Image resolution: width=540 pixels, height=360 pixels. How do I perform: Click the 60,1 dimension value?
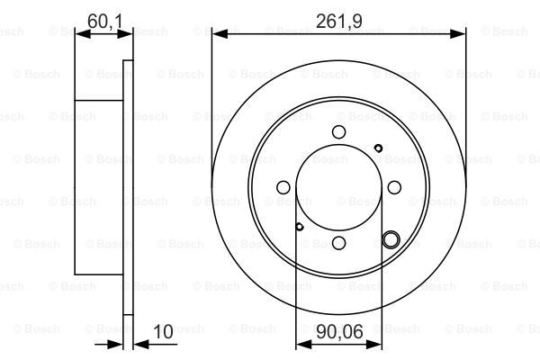pos(104,22)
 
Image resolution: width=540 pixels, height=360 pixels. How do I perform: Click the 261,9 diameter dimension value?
pos(339,22)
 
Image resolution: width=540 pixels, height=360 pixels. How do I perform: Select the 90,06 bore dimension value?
pos(339,332)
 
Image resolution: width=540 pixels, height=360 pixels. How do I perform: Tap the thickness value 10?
pos(163,332)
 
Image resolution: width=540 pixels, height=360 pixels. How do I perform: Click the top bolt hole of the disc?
pos(339,132)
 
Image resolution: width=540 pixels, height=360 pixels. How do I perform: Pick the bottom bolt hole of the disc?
pos(339,243)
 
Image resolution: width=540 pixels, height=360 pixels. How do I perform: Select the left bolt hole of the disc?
pos(283,187)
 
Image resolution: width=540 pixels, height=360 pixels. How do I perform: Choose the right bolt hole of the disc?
pos(394,187)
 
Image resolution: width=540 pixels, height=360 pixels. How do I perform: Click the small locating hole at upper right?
pos(378,148)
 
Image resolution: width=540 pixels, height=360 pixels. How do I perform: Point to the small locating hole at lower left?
pos(300,227)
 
